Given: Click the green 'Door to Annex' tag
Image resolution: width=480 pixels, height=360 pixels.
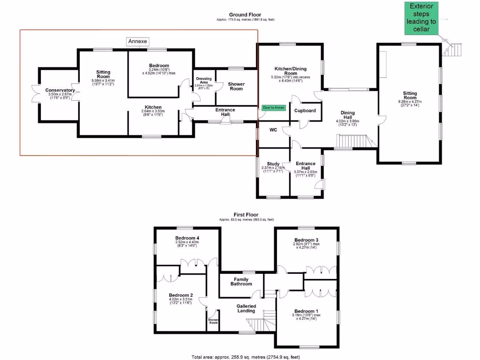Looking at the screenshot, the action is tap(274, 107).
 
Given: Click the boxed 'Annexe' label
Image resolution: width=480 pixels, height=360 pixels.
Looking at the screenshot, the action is tap(137, 42).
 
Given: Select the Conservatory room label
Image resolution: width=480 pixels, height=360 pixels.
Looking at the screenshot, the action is tap(60, 90).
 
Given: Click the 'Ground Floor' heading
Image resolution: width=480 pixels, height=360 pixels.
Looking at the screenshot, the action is tap(245, 15).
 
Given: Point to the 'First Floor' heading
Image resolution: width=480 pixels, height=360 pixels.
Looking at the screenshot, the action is tap(246, 215).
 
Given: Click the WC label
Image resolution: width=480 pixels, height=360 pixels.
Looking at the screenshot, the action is tap(273, 129).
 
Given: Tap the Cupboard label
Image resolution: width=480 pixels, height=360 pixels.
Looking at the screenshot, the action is tap(305, 111).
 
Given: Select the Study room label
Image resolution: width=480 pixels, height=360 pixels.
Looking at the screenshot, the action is tap(273, 164).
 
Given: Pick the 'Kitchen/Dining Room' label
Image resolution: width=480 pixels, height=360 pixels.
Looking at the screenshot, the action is tap(290, 71).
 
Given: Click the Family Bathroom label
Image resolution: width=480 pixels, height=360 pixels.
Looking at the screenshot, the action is tap(241, 281).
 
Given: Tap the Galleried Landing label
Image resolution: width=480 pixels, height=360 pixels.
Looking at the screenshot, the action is tap(246, 308).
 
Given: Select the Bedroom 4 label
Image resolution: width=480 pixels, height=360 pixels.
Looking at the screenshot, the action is tap(187, 238).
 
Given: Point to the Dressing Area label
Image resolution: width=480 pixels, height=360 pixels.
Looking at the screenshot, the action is tap(204, 81).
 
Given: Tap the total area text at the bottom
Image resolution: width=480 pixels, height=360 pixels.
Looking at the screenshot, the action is tap(246, 357).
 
